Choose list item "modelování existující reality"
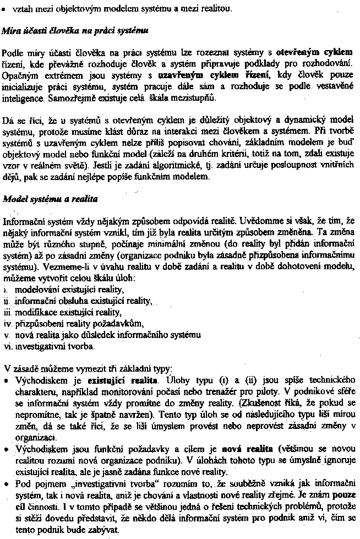pos(69,289)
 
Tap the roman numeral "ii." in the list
pos(8,301)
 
